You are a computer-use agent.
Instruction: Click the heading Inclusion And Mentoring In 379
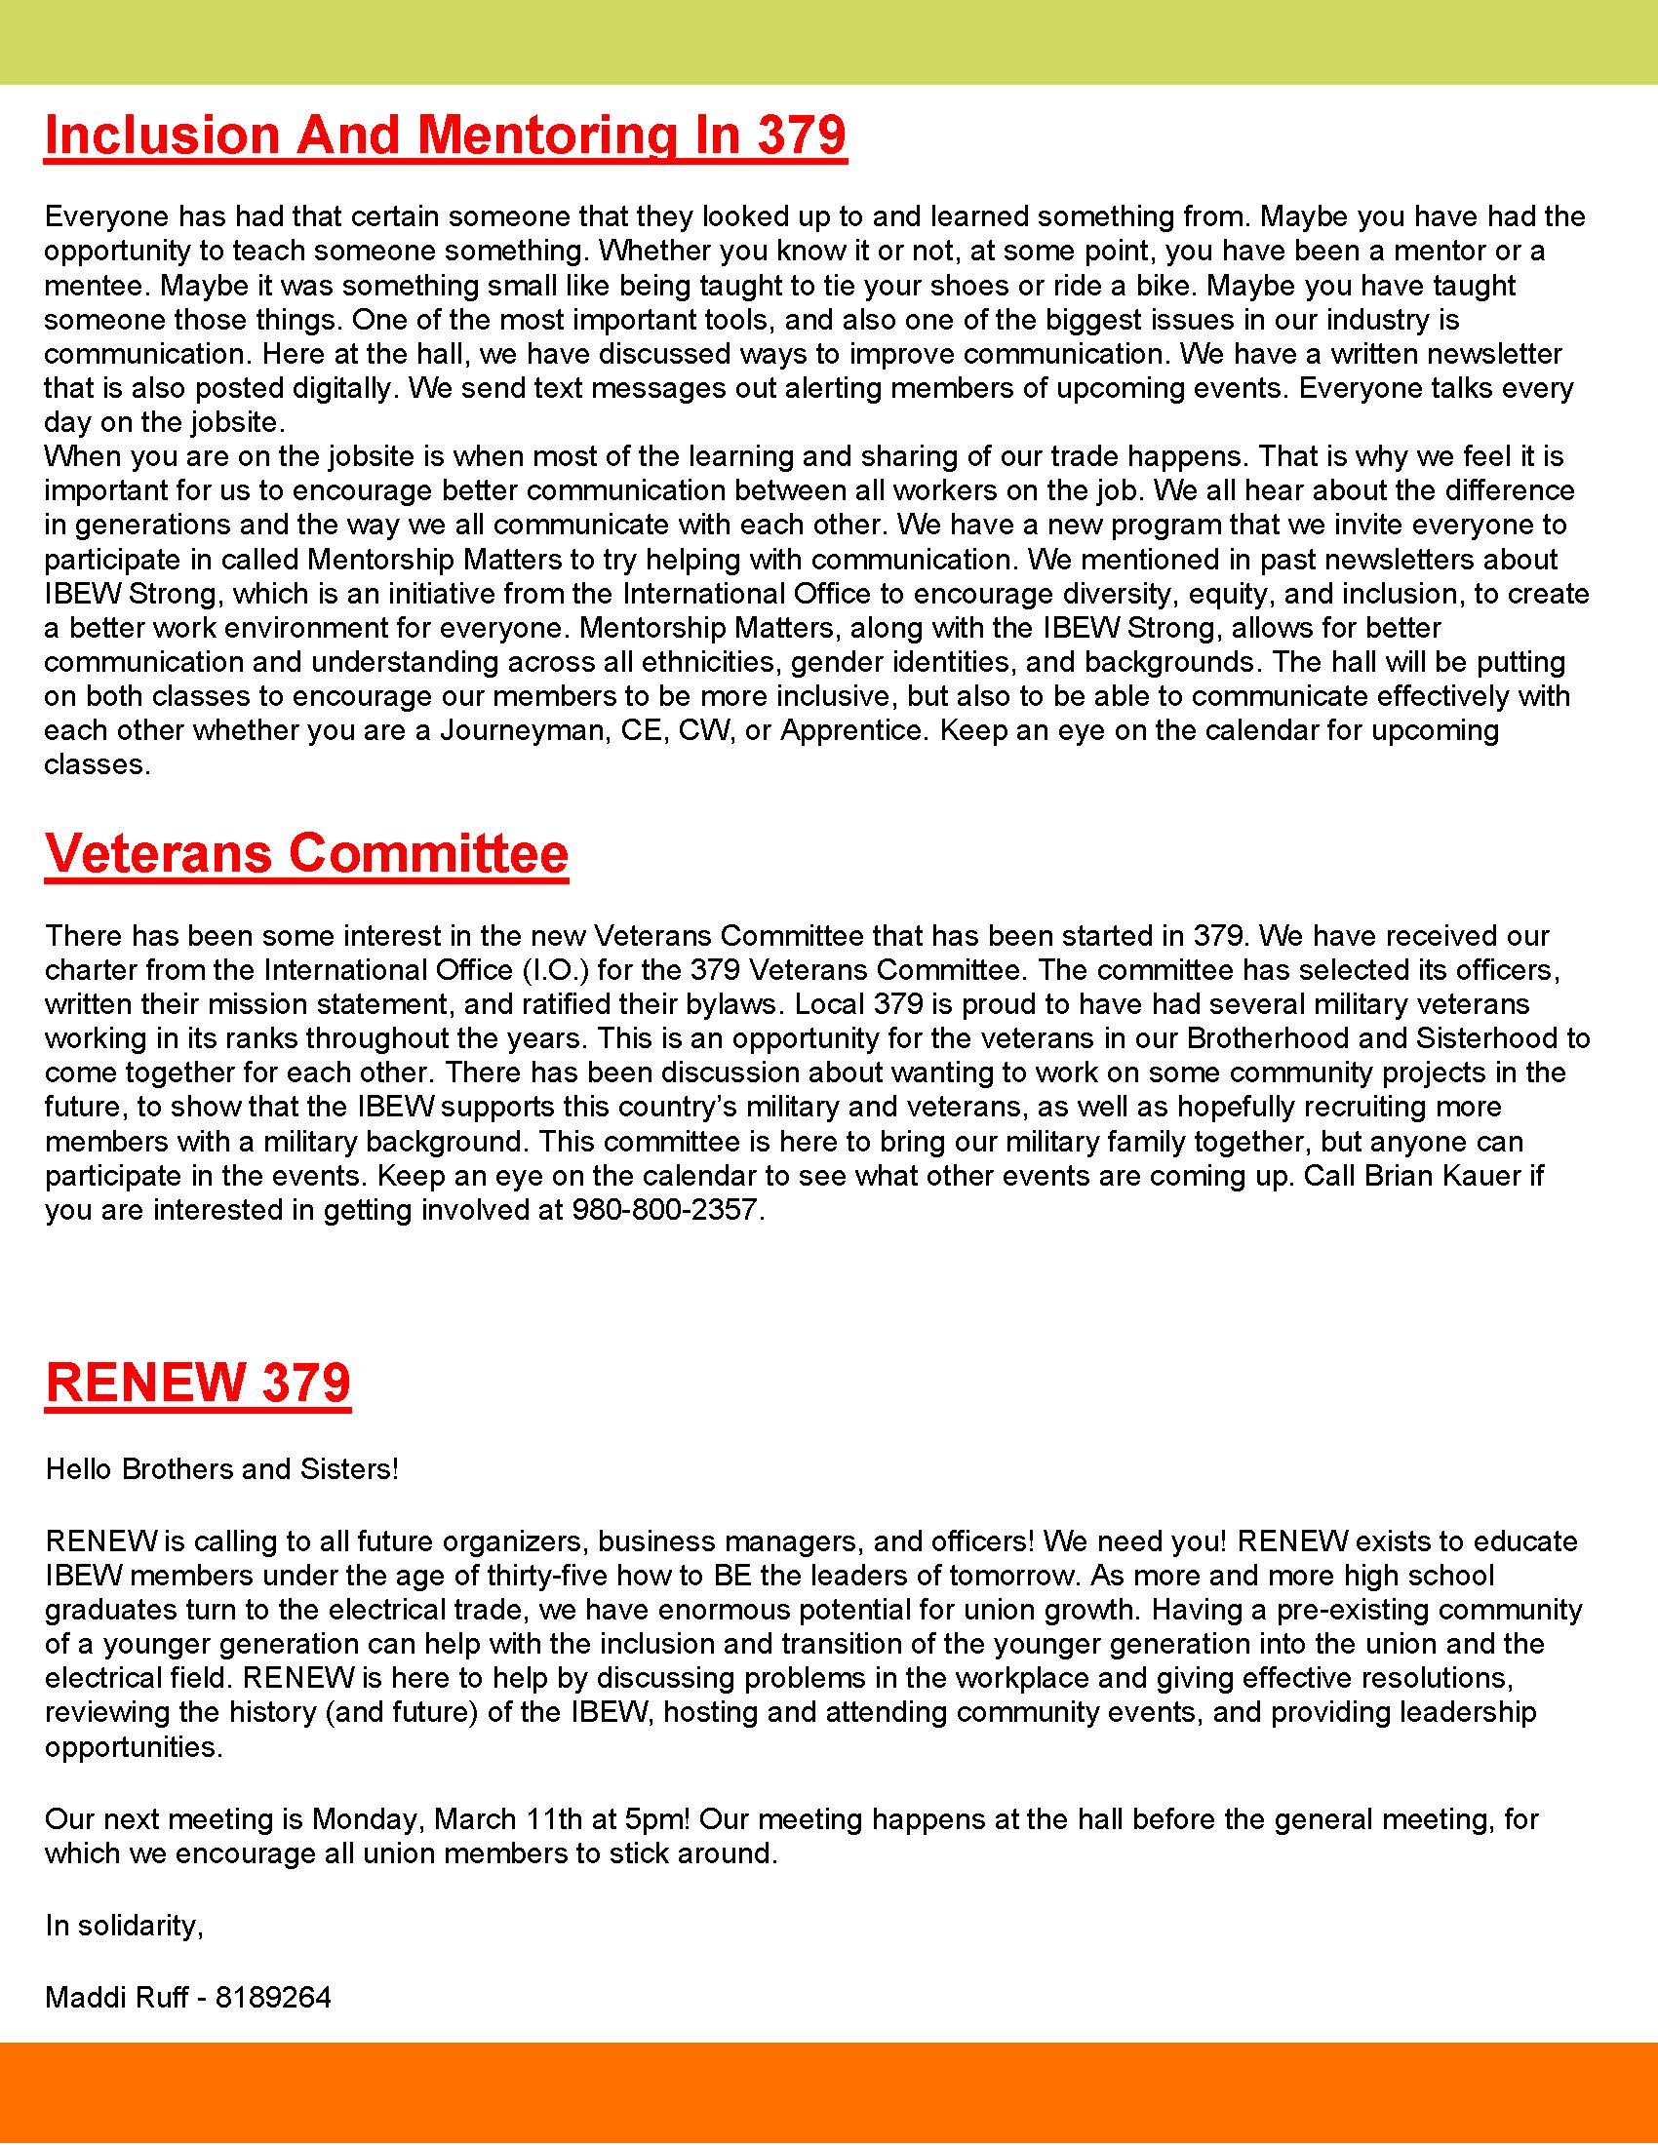(x=445, y=135)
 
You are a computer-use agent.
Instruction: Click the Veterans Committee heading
(x=306, y=852)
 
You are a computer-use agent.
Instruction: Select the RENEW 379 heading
(x=197, y=1382)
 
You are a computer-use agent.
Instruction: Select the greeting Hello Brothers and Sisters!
(x=222, y=1468)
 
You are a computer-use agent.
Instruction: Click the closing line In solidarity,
(x=124, y=1925)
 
